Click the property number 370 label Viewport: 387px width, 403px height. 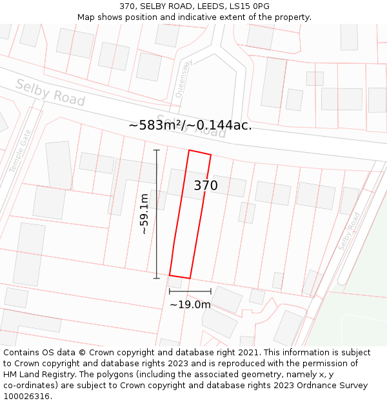pyautogui.click(x=206, y=186)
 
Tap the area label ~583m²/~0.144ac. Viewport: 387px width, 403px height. pyautogui.click(x=190, y=125)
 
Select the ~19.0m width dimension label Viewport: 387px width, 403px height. pyautogui.click(x=190, y=304)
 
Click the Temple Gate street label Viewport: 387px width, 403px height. pyautogui.click(x=20, y=150)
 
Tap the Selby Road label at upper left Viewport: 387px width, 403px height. pyautogui.click(x=50, y=93)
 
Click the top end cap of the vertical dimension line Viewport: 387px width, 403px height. pyautogui.click(x=156, y=150)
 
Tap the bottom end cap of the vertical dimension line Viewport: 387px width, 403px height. pyautogui.click(x=156, y=278)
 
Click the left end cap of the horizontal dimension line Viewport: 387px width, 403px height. pyautogui.click(x=170, y=291)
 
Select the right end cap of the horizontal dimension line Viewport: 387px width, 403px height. pyautogui.click(x=210, y=291)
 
